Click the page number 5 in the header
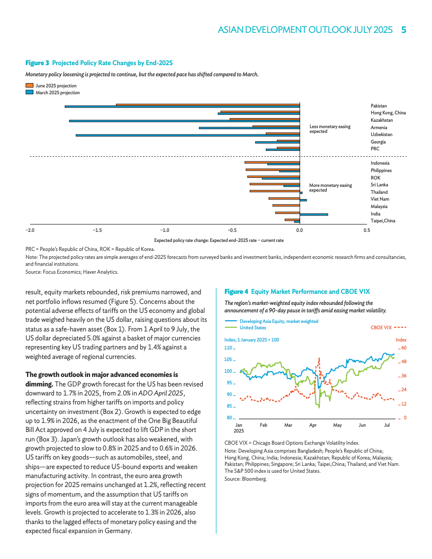[403, 30]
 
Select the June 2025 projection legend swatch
[30, 86]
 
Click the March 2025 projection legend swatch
[30, 93]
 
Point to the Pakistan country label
[379, 106]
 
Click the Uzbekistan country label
[381, 134]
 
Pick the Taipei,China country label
[383, 220]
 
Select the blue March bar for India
[314, 214]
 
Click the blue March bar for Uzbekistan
[188, 135]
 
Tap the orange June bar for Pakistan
[208, 104]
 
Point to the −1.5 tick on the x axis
[97, 231]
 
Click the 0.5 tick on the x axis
[367, 231]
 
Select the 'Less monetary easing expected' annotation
[330, 129]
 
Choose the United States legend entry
[253, 328]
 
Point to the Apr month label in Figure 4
[313, 425]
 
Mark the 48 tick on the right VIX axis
[403, 362]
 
